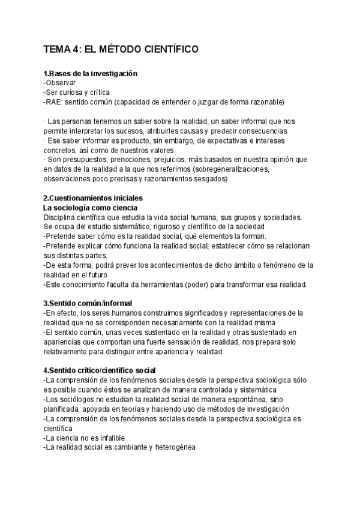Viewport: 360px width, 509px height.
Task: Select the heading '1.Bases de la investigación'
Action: (91, 73)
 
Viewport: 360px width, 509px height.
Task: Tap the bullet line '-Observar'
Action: (60, 82)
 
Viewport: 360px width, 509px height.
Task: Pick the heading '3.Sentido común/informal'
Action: (88, 303)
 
